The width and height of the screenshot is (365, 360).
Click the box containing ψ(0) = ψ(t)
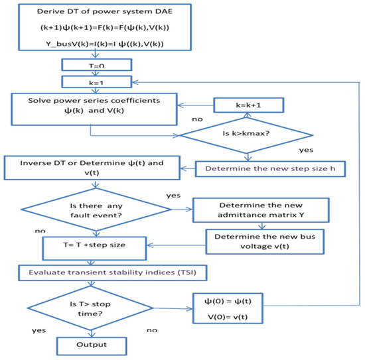pos(233,308)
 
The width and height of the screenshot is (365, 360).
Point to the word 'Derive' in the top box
pos(50,9)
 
